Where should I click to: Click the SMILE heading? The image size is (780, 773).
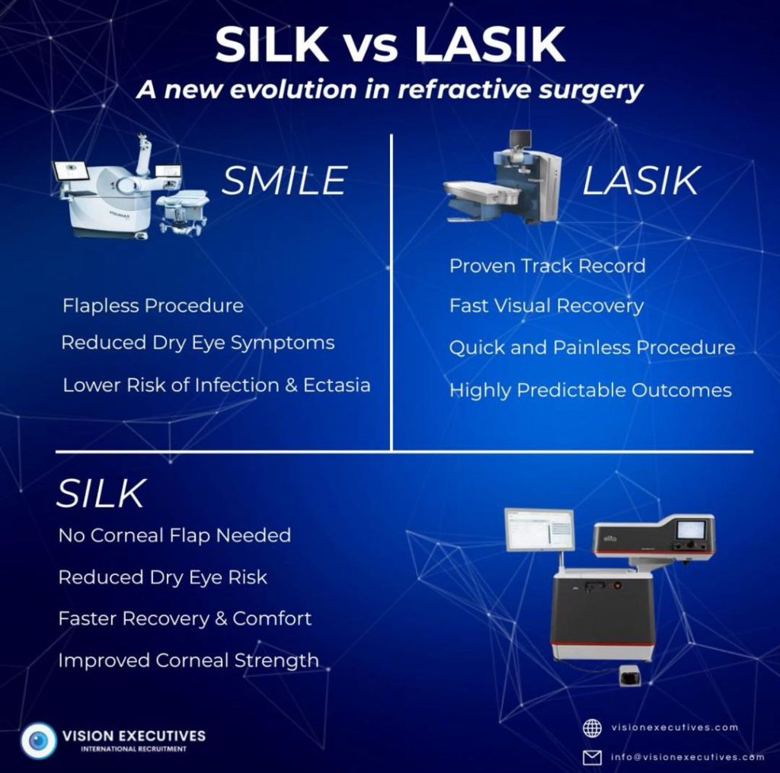[284, 180]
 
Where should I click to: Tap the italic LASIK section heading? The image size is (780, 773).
[641, 180]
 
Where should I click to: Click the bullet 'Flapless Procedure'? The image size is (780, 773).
[153, 305]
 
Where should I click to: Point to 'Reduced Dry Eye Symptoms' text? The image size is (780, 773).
[198, 343]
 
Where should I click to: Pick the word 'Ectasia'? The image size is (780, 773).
[337, 385]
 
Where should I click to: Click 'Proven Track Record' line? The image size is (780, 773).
[547, 266]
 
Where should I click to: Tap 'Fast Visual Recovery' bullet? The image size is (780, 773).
[546, 306]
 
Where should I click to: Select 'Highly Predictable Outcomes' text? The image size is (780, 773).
[590, 391]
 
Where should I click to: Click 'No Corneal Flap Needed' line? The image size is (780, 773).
[174, 535]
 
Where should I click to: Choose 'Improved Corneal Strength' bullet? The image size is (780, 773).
[189, 660]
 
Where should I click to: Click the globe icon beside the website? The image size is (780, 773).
[592, 728]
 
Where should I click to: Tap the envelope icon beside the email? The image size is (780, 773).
[592, 757]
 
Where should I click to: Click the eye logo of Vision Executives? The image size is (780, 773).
[38, 741]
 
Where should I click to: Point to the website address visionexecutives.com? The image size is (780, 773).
[675, 728]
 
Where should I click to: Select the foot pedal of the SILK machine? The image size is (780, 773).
[630, 676]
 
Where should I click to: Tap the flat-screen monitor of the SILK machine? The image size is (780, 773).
[539, 530]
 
